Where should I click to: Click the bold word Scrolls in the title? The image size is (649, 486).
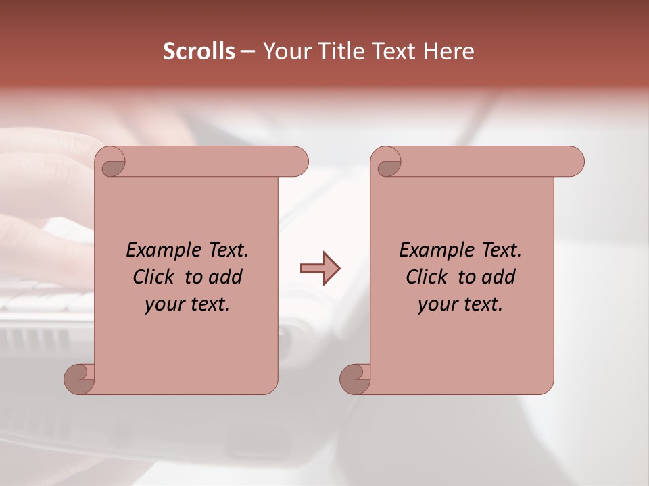pyautogui.click(x=199, y=51)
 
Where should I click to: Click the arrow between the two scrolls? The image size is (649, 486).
pyautogui.click(x=320, y=268)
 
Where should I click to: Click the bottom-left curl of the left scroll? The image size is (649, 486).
pyautogui.click(x=79, y=379)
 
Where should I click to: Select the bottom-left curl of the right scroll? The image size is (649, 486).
pyautogui.click(x=355, y=379)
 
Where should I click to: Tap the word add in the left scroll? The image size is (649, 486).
pyautogui.click(x=225, y=277)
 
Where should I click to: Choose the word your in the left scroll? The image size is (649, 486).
pyautogui.click(x=163, y=304)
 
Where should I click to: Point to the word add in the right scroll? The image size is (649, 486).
pyautogui.click(x=498, y=277)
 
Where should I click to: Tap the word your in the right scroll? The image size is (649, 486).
pyautogui.click(x=436, y=304)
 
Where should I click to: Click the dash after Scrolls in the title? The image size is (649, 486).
pyautogui.click(x=247, y=52)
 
